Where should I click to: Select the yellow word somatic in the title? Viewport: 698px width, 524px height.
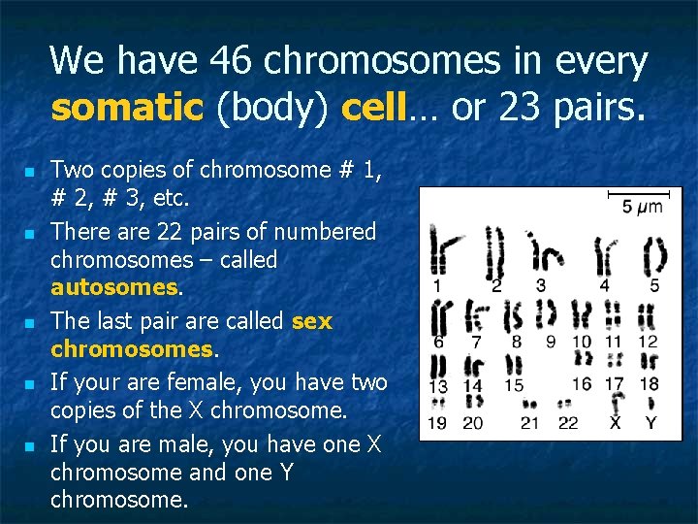coord(125,107)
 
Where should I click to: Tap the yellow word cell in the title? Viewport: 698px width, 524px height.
coord(372,107)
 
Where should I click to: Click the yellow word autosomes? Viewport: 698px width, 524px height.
coord(114,288)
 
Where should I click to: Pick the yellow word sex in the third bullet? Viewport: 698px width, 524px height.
coord(311,320)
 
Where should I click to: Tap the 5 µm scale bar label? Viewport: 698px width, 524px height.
coord(642,207)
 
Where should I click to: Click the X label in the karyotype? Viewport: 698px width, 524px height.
coord(615,422)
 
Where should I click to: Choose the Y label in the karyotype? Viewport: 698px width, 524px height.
coord(650,422)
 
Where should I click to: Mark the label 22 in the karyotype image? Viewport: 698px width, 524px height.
coord(569,422)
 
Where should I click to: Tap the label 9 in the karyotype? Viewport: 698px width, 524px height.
coord(551,342)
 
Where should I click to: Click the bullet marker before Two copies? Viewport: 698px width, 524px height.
coord(29,171)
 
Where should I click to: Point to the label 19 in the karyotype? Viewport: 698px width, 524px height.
coord(439,422)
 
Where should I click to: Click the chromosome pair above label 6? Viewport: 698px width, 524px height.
coord(441,316)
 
